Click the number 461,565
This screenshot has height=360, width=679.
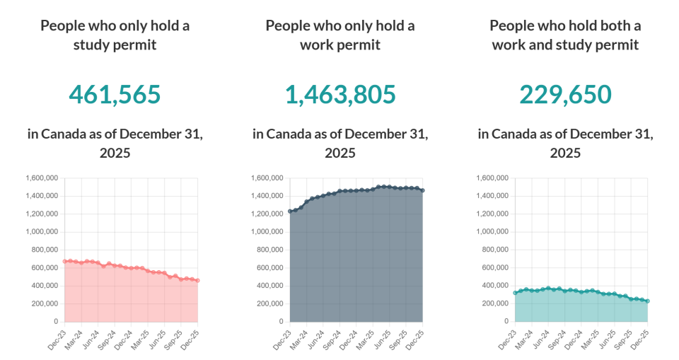point(115,94)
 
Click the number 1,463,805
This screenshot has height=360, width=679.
point(340,94)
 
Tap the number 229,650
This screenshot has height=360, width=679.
point(565,94)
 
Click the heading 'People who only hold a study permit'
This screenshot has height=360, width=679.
point(115,35)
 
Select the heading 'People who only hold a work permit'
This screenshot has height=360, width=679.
point(340,35)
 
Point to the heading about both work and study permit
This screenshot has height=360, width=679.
point(565,35)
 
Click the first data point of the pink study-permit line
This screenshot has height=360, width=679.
point(65,262)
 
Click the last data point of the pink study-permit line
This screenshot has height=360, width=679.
point(197,280)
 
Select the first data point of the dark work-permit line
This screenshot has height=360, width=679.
point(290,211)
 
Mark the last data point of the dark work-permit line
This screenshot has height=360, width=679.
point(423,190)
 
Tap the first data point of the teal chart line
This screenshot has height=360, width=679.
point(515,293)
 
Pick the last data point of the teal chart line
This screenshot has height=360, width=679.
point(648,301)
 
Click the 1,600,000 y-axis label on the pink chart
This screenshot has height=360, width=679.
point(42,178)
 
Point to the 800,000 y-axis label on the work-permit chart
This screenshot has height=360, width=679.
point(267,250)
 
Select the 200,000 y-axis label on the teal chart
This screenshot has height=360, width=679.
point(492,303)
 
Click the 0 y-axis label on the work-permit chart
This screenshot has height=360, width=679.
point(281,321)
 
